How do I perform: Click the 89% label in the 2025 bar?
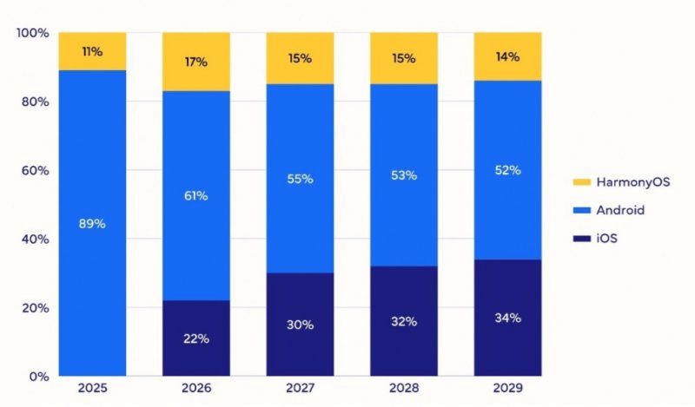92,224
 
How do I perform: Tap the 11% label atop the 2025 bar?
92,52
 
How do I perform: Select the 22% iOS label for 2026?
195,338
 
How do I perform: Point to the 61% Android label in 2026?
195,196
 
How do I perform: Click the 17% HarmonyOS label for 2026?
195,62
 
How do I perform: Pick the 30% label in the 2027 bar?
300,325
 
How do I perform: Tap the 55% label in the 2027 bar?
300,179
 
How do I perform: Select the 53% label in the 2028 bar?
404,175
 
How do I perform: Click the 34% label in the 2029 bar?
507,318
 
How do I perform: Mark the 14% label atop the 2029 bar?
507,57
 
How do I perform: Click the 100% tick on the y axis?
32,33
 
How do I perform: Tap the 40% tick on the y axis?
35,240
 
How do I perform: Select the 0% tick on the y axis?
38,377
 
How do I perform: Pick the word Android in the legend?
620,210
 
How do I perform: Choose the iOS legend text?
609,238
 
